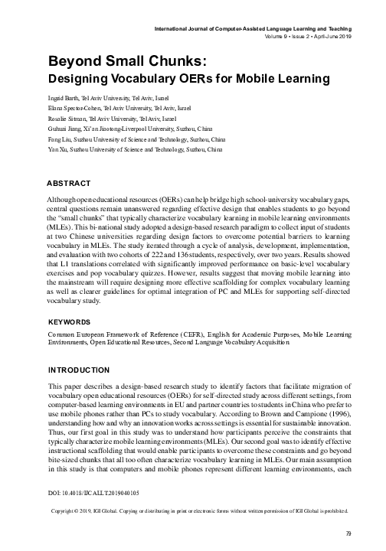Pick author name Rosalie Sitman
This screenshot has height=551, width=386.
[x=68, y=120]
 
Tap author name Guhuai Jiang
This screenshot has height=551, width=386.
[x=68, y=131]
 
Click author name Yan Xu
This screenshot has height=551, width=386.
[x=58, y=151]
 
